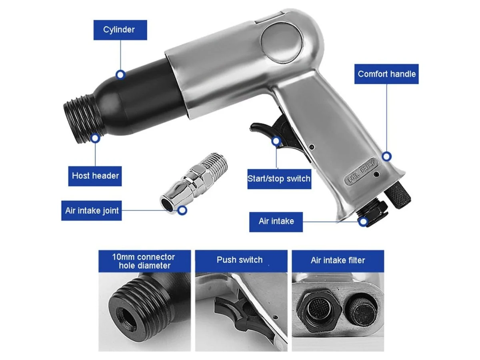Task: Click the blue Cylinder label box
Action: pyautogui.click(x=120, y=30)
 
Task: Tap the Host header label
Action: pyautogui.click(x=95, y=176)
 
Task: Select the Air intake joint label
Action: pyautogui.click(x=92, y=210)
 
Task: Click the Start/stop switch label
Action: pyautogui.click(x=279, y=179)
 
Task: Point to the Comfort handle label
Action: pyautogui.click(x=386, y=74)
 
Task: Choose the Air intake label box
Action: pyautogui.click(x=276, y=222)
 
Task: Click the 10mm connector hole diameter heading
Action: pyautogui.click(x=144, y=261)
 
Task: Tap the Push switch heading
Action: pyautogui.click(x=241, y=261)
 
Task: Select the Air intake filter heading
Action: pyautogui.click(x=338, y=261)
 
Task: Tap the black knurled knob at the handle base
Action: pyautogui.click(x=398, y=194)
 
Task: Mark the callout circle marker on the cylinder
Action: pyautogui.click(x=120, y=75)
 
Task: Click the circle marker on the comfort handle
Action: pyautogui.click(x=387, y=156)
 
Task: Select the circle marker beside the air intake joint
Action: pyautogui.click(x=182, y=210)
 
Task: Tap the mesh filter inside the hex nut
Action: pyautogui.click(x=317, y=309)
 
